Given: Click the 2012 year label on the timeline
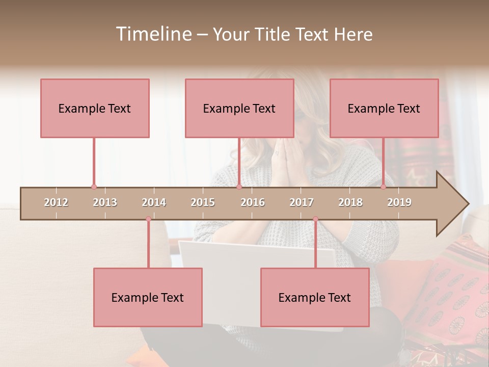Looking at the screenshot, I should (x=56, y=202).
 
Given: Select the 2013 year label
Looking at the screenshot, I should (x=105, y=202).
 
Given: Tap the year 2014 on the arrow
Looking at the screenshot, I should (x=154, y=202).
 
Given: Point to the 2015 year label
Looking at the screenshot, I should (x=203, y=202).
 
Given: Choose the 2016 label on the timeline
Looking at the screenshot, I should (x=253, y=202).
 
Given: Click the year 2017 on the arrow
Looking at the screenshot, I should (x=302, y=202).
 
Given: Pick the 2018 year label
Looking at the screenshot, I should (x=350, y=202).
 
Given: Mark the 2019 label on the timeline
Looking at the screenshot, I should (x=399, y=202).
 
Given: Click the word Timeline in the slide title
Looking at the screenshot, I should (x=153, y=34).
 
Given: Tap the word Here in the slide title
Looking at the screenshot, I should (x=353, y=34).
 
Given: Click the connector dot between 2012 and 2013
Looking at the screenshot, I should (x=94, y=187).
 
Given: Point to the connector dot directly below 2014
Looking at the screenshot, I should (x=148, y=219).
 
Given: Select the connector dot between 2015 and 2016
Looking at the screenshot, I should (x=239, y=187).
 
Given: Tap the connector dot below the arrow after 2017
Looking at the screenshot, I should (x=315, y=219).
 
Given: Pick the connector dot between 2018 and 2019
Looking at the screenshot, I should (x=383, y=187).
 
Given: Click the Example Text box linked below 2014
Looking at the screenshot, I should (x=148, y=297).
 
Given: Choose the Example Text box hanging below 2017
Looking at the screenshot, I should (x=315, y=297).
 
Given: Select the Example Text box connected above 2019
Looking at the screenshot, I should (x=384, y=108).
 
